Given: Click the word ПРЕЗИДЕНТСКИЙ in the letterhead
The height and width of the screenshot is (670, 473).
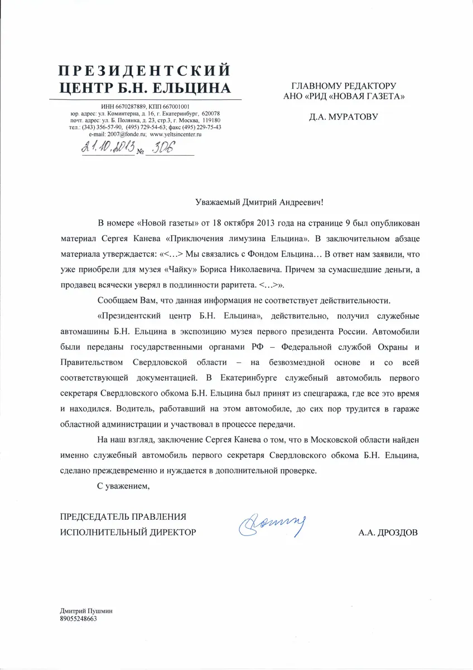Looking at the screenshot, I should (x=144, y=70).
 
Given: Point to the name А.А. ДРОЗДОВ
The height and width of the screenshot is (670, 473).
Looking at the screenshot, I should (x=388, y=532).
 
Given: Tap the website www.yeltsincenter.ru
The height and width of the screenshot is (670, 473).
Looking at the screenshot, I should (x=176, y=135).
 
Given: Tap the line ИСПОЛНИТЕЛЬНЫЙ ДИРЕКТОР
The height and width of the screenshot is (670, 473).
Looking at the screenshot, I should (x=128, y=532).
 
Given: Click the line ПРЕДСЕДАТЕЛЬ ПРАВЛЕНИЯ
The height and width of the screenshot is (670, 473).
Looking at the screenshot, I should (x=123, y=516).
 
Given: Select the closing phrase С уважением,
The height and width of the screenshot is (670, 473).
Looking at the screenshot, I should (x=124, y=486).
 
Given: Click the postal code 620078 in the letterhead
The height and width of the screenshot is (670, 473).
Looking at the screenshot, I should (x=211, y=113).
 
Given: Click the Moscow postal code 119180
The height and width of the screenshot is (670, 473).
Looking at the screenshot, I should (x=211, y=120).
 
